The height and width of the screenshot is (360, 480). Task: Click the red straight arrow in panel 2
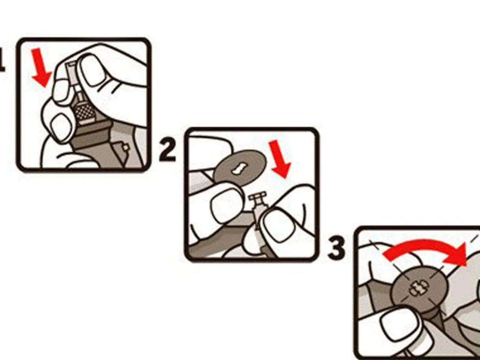[x=280, y=159]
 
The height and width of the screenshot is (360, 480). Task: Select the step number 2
[x=167, y=150]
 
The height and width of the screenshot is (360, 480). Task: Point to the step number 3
[x=337, y=248]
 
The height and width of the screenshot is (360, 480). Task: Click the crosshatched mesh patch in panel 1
[x=86, y=111]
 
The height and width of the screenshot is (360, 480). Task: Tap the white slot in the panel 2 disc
[x=240, y=169]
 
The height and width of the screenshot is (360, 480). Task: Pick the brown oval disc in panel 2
[x=240, y=168]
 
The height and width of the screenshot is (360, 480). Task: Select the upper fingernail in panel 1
[x=92, y=70]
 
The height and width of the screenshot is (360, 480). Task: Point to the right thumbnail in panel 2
[x=277, y=225]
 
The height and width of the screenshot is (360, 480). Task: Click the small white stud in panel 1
[x=126, y=147]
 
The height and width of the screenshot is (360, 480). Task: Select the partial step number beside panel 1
[x=2, y=59]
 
